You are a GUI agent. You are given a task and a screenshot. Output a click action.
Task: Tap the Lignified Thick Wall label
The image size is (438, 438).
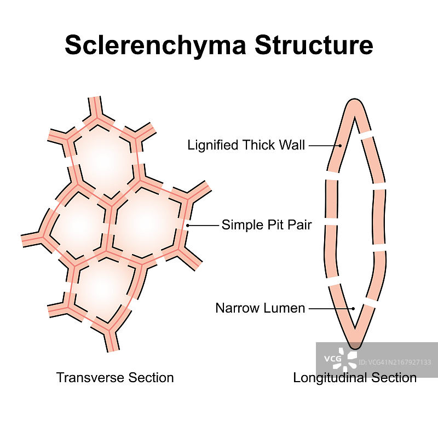pyautogui.click(x=246, y=146)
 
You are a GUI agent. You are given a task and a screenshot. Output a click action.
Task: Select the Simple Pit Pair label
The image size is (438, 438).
pyautogui.click(x=266, y=225)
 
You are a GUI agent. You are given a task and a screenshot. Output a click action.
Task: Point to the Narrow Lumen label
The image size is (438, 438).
pyautogui.click(x=260, y=308)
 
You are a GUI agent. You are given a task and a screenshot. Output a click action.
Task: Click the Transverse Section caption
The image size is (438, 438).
pyautogui.click(x=115, y=378)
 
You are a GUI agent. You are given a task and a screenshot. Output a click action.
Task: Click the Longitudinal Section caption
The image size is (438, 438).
pyautogui.click(x=355, y=378)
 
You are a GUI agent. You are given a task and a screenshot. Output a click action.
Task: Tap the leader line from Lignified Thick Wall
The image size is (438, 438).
pyautogui.click(x=323, y=146)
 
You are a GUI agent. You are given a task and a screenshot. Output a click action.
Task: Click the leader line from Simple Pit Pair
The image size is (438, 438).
pyautogui.click(x=203, y=225)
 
